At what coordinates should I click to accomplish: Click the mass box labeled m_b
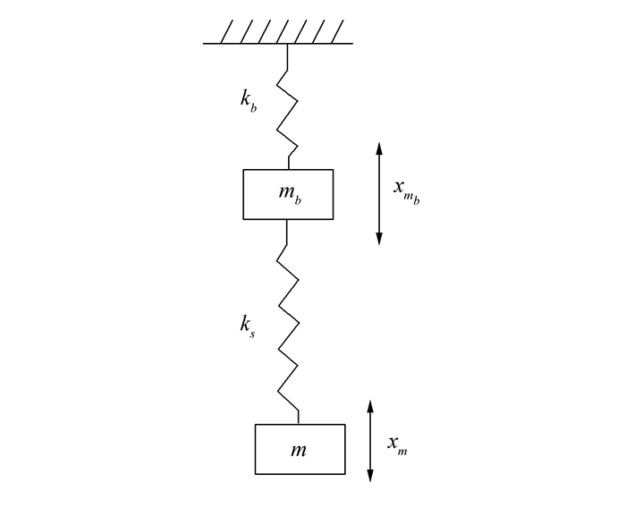(x=288, y=194)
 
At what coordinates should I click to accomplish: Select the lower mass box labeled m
(x=300, y=449)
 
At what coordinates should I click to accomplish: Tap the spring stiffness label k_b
(x=248, y=100)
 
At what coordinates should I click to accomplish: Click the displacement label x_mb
(x=406, y=190)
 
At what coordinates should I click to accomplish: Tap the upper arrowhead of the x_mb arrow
(x=379, y=148)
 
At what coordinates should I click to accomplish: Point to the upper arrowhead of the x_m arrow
(x=370, y=406)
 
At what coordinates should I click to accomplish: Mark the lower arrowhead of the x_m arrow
(x=370, y=477)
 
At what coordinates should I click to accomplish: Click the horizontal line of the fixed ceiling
(x=277, y=43)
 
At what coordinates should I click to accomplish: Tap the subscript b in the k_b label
(x=255, y=106)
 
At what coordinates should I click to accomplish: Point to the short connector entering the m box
(x=299, y=416)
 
